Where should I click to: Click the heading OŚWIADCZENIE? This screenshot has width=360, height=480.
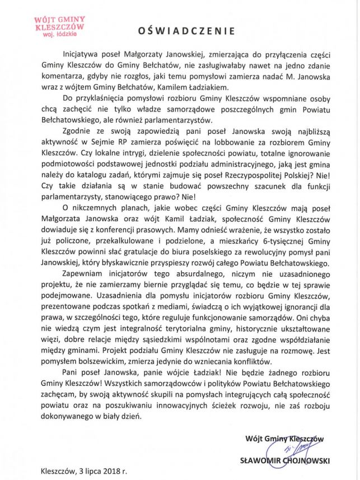point(183,28)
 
